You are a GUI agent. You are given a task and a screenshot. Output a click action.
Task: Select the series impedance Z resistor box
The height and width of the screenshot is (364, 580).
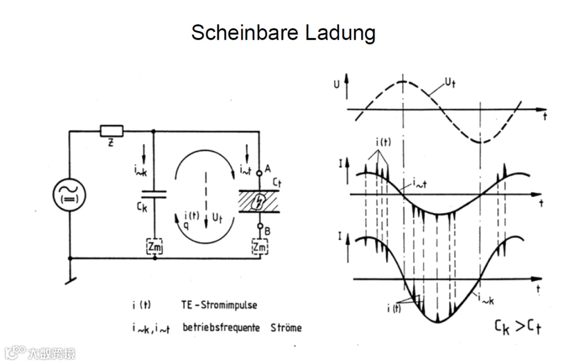pos(112,131)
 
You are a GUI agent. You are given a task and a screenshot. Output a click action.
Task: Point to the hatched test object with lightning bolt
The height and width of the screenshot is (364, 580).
pos(259,201)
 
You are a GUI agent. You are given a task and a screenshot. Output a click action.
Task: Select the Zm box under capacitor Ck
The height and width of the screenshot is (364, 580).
pos(155,247)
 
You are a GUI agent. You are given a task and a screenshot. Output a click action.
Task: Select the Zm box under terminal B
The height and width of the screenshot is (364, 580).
pos(259,247)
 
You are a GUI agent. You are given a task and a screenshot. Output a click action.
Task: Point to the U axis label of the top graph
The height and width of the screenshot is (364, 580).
pos(337,84)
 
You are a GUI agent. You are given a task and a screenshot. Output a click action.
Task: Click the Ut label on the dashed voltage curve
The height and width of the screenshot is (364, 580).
pos(450,83)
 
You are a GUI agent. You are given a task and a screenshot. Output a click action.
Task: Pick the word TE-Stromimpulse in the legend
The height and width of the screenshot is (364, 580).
pos(219,305)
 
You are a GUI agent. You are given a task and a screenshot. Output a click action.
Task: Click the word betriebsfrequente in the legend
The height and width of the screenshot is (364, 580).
pos(222,327)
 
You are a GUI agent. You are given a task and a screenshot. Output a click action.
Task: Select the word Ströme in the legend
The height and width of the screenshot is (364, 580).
pos(286,327)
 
